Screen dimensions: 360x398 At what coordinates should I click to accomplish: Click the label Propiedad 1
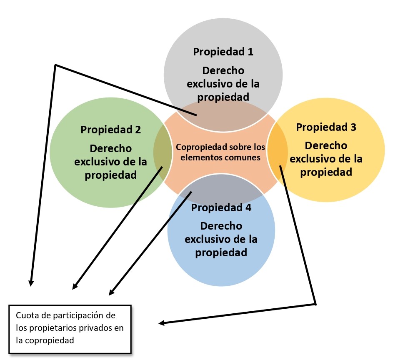(223, 52)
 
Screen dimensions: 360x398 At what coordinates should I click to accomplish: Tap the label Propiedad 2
(111, 129)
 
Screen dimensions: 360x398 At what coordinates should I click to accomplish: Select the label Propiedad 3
(326, 127)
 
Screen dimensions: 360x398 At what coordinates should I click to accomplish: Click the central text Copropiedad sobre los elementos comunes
(220, 152)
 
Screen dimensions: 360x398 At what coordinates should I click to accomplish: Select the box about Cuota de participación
(70, 329)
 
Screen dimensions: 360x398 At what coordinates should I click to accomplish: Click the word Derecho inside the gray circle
(223, 70)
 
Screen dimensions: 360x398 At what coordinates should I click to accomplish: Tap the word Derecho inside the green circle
(111, 148)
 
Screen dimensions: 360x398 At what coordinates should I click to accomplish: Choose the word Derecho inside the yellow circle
(326, 145)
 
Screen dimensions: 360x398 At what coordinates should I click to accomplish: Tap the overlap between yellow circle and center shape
(278, 150)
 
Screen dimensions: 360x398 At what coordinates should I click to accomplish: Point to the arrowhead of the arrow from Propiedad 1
(30, 283)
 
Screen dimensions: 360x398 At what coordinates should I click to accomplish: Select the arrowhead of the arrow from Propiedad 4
(111, 293)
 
